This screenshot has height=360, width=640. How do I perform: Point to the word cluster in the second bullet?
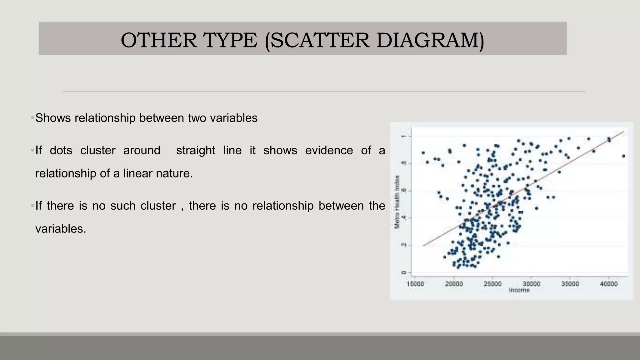point(97,150)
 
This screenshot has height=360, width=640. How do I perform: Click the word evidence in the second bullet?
point(329,150)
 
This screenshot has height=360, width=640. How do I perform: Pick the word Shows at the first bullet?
point(53,118)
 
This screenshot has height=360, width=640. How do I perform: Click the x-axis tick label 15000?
point(415,284)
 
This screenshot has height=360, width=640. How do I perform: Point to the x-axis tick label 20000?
point(454,284)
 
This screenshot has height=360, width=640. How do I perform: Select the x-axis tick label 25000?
point(492,284)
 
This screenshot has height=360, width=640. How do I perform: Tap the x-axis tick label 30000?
point(531,284)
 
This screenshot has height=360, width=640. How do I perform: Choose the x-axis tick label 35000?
point(570,284)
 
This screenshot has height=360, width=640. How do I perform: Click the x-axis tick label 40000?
point(609,284)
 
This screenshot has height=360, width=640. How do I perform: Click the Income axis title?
point(519,290)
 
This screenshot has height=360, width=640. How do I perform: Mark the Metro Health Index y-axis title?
point(397,202)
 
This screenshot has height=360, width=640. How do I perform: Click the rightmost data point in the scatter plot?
point(623,156)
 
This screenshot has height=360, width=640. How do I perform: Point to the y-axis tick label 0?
point(404,273)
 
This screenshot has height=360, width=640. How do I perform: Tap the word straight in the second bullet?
point(196,150)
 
